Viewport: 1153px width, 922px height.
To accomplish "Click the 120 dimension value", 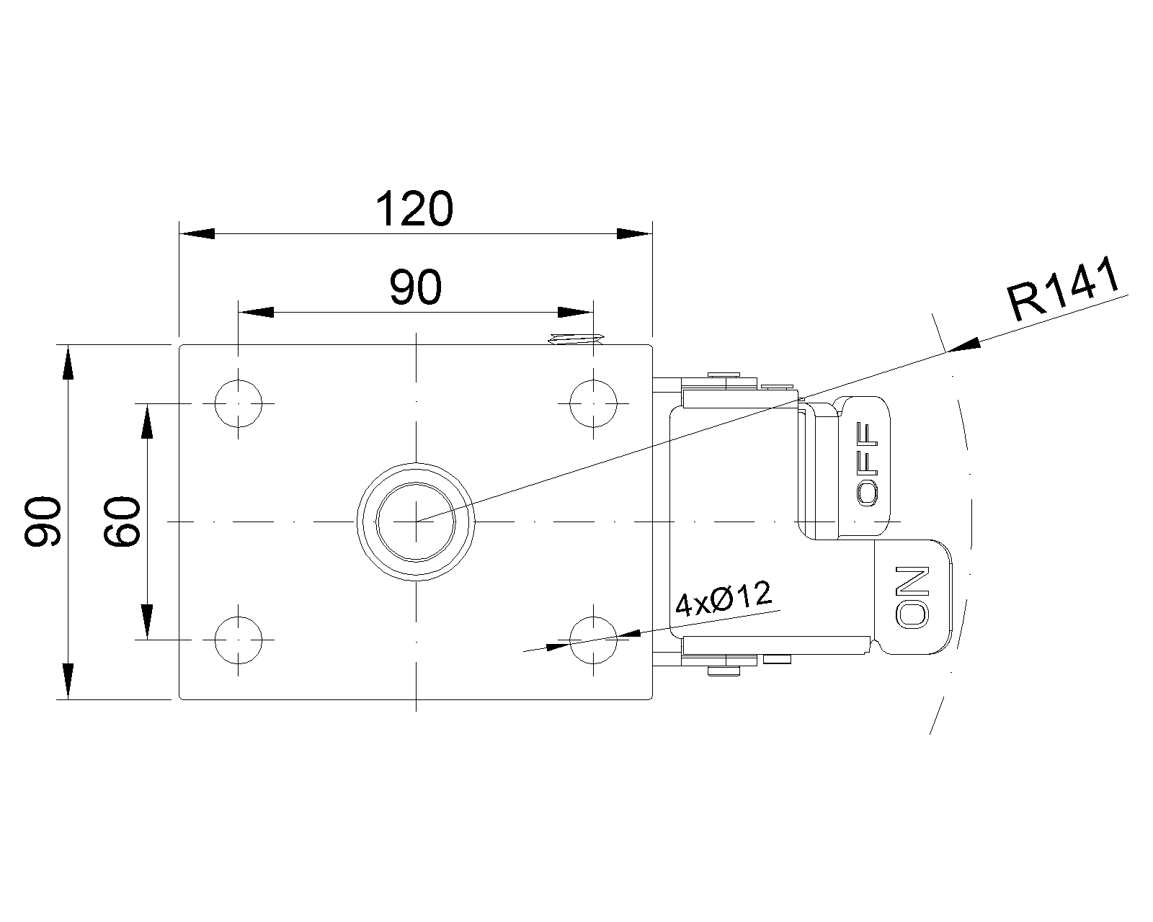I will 414,209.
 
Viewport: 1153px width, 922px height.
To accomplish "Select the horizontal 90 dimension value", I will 414,288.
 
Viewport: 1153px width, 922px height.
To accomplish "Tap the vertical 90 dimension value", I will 42,522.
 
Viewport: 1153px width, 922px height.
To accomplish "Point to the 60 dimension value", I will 121,522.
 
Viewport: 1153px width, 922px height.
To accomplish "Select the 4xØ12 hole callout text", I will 723,600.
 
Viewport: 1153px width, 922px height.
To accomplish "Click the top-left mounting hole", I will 239,403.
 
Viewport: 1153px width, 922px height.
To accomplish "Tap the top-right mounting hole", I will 593,403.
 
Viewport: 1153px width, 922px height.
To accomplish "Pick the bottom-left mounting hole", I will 239,639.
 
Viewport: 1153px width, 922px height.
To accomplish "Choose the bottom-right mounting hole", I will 593,639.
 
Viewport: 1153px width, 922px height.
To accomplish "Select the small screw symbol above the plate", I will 575,339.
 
